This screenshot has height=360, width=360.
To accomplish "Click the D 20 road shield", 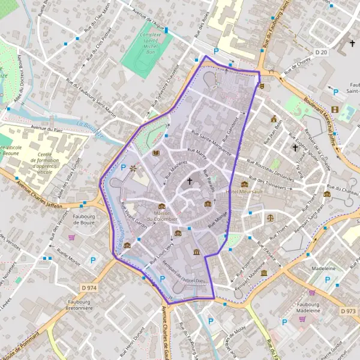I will click(x=340, y=53).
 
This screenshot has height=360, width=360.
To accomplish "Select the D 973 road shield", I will click(x=347, y=311).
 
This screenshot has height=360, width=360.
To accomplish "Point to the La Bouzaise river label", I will click(x=91, y=128).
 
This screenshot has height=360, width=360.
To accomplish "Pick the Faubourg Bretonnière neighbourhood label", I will click(x=84, y=310).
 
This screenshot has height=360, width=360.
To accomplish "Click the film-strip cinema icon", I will click(x=335, y=109).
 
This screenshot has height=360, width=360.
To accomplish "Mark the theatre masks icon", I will click(x=262, y=86).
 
